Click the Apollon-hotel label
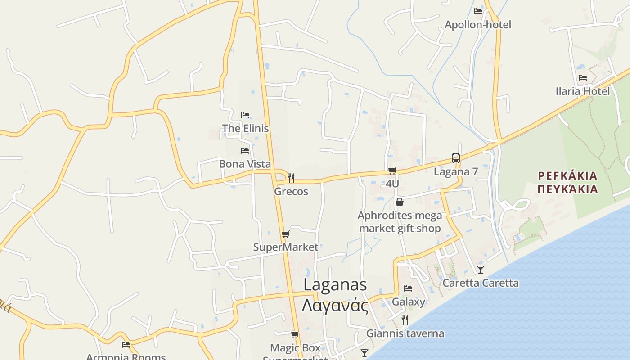[x=478, y=24]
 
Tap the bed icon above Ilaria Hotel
[x=583, y=78]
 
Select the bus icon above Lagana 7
[x=456, y=158]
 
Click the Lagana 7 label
[x=456, y=171]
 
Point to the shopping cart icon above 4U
[x=392, y=171]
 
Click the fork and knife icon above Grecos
[x=291, y=178]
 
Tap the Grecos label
[x=291, y=191]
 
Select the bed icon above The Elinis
[x=245, y=115]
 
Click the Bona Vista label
[x=245, y=164]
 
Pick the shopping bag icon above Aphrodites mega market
[x=400, y=202]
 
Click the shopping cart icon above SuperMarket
[x=285, y=234]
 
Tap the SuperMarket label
[x=285, y=247]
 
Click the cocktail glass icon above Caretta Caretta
[x=481, y=270]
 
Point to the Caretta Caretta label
[x=481, y=283]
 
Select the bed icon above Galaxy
[x=408, y=288]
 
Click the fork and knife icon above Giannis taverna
[x=405, y=320]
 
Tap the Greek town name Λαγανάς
[x=335, y=306]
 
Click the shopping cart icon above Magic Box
[x=295, y=335]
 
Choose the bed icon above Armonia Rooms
[x=126, y=345]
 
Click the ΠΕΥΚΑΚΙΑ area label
[x=568, y=189]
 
